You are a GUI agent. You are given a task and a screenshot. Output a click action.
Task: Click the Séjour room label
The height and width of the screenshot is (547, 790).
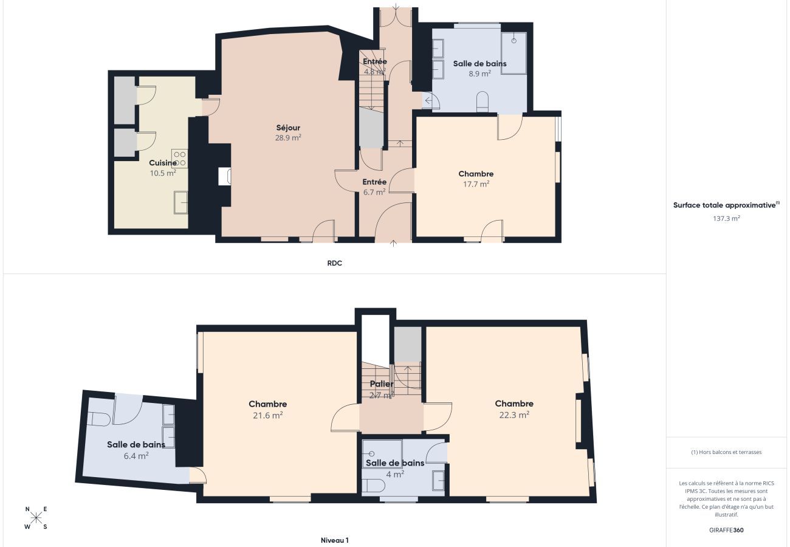tap(288, 128)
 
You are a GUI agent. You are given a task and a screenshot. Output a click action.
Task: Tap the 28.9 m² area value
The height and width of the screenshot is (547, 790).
tap(288, 138)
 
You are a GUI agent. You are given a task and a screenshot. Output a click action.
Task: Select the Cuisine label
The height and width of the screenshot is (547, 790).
tap(163, 163)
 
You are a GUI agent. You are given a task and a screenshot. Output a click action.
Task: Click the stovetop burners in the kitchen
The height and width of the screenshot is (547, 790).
tap(179, 159)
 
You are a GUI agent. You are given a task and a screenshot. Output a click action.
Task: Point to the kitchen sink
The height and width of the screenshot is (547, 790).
tap(180, 202)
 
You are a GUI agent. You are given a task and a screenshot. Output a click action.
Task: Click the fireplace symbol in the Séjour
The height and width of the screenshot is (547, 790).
tap(224, 176)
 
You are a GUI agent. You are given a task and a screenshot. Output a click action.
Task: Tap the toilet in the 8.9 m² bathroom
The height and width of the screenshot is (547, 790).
tap(483, 102)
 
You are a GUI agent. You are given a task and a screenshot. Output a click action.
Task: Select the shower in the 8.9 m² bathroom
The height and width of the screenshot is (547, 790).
tap(513, 53)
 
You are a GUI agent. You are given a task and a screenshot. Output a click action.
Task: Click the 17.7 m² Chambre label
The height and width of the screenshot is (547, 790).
tap(476, 174)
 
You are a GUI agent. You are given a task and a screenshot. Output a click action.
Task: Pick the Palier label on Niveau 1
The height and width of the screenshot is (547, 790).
tap(382, 384)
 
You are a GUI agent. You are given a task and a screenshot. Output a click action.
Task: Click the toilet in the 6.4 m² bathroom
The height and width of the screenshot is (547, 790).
tap(98, 419)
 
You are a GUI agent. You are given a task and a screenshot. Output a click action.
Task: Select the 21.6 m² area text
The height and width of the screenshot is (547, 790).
tap(268, 415)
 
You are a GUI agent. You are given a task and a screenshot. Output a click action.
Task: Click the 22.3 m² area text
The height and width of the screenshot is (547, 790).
tap(514, 415)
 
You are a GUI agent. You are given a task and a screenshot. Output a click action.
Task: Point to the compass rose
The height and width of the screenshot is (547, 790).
tap(36, 518)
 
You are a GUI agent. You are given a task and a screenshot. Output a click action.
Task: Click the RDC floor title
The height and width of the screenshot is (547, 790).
tap(334, 263)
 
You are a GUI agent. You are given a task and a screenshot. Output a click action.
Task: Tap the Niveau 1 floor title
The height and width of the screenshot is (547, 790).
tap(334, 540)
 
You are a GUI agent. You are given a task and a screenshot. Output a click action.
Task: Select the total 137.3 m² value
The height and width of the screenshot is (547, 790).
tap(726, 218)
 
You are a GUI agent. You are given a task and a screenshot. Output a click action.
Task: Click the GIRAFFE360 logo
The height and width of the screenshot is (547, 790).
tap(726, 530)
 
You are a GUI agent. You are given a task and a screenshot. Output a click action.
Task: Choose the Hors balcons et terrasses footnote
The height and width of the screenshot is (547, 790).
tap(726, 452)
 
